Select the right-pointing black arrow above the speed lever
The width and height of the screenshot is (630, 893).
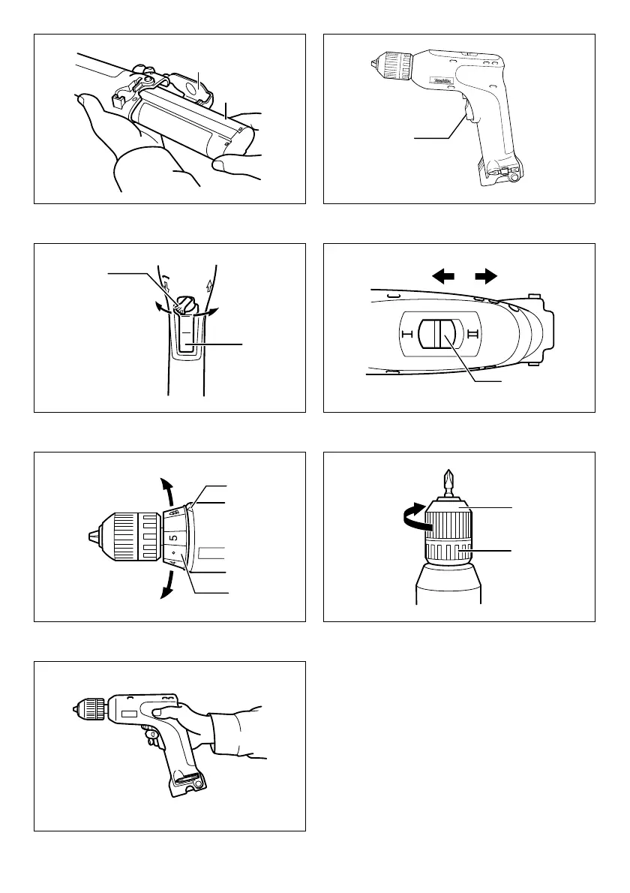(x=487, y=276)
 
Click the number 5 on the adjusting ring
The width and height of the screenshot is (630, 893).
(x=173, y=538)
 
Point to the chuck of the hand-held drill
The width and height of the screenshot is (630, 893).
(x=90, y=708)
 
